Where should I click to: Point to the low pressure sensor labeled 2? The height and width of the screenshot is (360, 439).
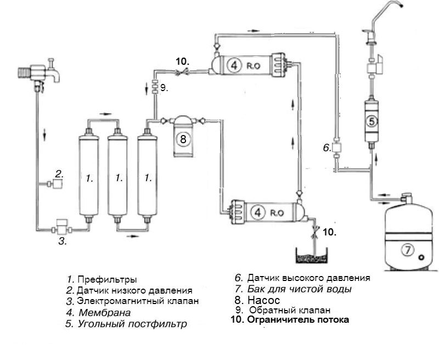pyautogui.click(x=57, y=184)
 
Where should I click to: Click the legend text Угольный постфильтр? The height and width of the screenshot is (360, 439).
pyautogui.click(x=132, y=324)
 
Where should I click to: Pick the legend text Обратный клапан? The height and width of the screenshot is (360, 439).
pyautogui.click(x=285, y=310)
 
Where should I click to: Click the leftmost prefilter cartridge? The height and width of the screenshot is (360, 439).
pyautogui.click(x=87, y=176)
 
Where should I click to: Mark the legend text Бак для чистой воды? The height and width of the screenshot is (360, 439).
pyautogui.click(x=299, y=289)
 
